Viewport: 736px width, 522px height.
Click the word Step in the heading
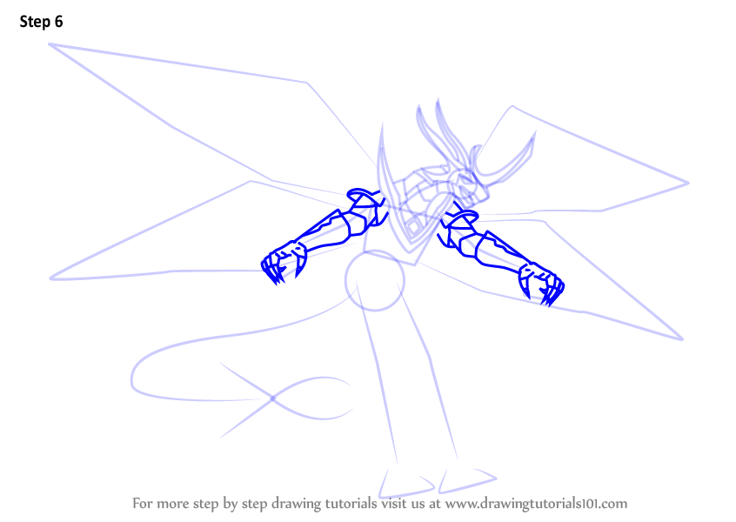[35, 22]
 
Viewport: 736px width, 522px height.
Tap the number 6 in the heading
[58, 22]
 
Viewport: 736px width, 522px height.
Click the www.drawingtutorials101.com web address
[536, 504]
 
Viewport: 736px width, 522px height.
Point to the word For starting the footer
[143, 503]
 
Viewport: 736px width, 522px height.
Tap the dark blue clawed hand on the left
[283, 263]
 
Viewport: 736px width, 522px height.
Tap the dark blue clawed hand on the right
[541, 283]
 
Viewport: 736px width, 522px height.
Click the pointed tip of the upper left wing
[50, 44]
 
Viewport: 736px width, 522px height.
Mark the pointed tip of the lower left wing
[50, 278]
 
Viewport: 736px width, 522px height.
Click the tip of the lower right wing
[682, 339]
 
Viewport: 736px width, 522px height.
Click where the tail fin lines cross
[272, 398]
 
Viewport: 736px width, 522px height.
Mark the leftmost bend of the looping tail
[132, 378]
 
